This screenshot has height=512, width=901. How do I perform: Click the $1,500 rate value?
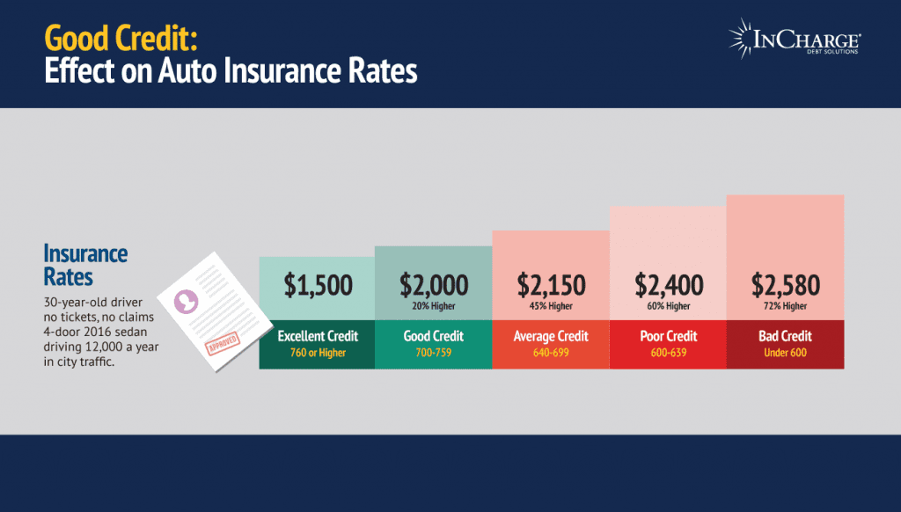318,285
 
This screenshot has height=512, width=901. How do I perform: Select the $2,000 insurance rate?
434,285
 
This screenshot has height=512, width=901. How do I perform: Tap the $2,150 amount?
551,285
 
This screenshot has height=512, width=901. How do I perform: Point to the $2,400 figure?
669,285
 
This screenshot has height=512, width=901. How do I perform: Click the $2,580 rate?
785,285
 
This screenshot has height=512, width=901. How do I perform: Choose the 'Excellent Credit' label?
318,336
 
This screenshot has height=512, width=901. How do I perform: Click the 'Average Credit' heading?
551,336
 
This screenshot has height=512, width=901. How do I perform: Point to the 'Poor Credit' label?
669,336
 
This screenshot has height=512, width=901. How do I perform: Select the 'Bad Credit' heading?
785,336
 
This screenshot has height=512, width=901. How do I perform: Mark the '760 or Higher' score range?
318,354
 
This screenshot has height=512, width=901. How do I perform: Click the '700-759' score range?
434,354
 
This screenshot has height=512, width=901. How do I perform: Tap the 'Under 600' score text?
785,354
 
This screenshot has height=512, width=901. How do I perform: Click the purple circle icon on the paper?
187,302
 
